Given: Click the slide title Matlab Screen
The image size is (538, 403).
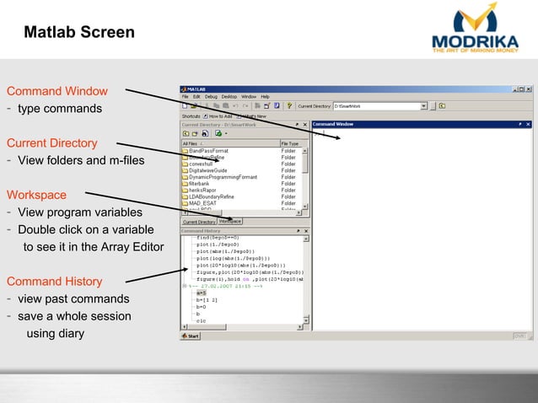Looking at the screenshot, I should pyautogui.click(x=79, y=33).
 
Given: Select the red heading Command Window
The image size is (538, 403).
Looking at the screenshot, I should pyautogui.click(x=57, y=91).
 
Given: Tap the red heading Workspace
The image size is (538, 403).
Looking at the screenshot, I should pyautogui.click(x=36, y=195).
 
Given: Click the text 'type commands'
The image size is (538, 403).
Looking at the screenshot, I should pyautogui.click(x=60, y=109).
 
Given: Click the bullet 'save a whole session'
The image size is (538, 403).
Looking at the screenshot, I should pyautogui.click(x=74, y=316).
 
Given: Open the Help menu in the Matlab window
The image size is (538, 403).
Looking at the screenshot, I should pyautogui.click(x=265, y=97).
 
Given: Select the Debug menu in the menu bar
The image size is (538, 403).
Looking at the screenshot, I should pyautogui.click(x=211, y=97).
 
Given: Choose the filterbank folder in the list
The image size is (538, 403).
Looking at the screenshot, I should pyautogui.click(x=203, y=183).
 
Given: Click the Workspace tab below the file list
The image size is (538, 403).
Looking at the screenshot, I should pyautogui.click(x=230, y=222).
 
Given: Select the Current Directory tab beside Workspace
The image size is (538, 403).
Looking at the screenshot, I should pyautogui.click(x=199, y=222).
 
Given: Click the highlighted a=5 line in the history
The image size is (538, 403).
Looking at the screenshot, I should pyautogui.click(x=202, y=293).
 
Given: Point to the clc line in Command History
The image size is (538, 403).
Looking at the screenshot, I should pyautogui.click(x=200, y=320).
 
